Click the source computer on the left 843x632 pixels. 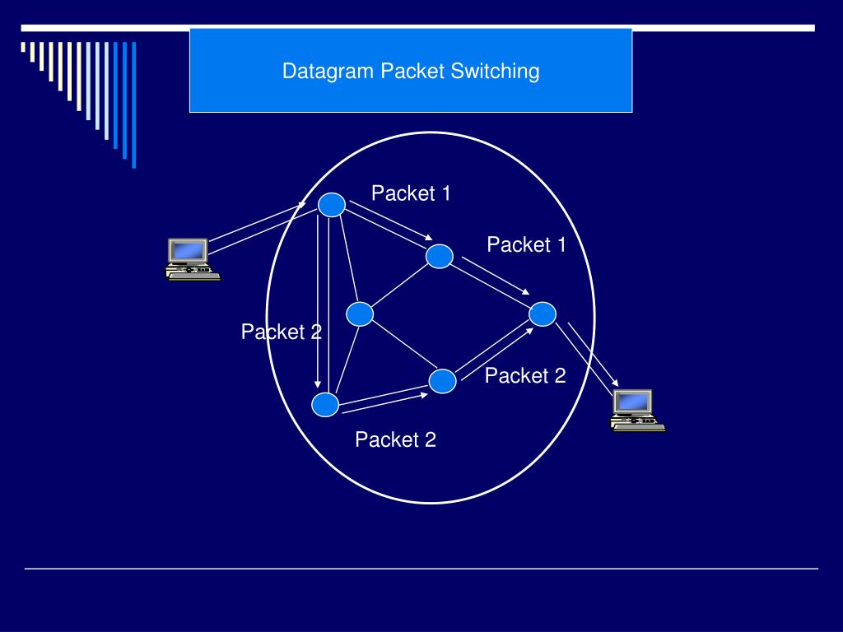point(192,259)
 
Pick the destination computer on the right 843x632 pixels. point(636,410)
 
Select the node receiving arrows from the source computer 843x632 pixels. point(331,205)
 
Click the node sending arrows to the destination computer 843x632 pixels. point(543,314)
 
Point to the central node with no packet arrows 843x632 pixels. point(360,314)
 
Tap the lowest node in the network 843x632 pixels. point(325,404)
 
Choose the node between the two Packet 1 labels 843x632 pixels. point(440,257)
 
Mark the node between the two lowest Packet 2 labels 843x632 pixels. point(443,381)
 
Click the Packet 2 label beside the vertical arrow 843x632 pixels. point(281,332)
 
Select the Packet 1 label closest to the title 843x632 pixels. point(411,193)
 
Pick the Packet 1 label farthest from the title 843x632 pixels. point(526,244)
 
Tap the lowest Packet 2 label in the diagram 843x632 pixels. point(395,440)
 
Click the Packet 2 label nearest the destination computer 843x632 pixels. point(525,376)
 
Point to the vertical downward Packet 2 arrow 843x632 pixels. point(318,304)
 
